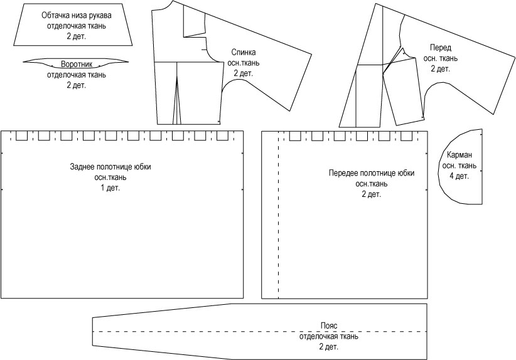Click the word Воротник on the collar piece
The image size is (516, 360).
[76, 65]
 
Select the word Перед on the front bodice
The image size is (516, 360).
[440, 48]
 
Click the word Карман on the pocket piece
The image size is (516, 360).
[459, 156]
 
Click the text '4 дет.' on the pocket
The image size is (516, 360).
[459, 176]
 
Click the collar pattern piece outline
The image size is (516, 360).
[38, 61]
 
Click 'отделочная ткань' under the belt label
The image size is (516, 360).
[329, 337]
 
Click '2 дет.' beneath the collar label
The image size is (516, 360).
[76, 85]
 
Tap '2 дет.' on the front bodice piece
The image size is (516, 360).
[440, 68]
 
